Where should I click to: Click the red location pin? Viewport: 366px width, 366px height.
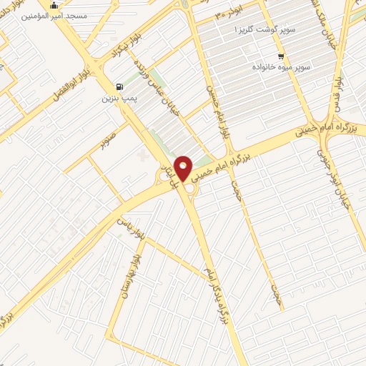tap(184, 169)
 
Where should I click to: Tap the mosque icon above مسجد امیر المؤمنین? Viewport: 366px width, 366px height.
tap(53, 4)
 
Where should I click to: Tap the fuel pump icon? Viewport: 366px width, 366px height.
tap(118, 84)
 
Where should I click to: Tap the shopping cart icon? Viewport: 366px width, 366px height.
tap(281, 56)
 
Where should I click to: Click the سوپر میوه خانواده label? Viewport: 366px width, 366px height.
tap(280, 66)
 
